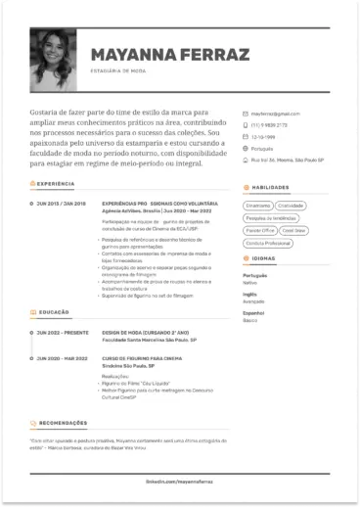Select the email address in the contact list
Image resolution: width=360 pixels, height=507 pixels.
(x=272, y=114)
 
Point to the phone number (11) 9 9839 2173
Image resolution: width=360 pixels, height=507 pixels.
(x=270, y=124)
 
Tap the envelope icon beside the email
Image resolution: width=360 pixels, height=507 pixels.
(x=246, y=114)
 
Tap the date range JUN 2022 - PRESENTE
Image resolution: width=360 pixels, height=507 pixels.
(x=62, y=333)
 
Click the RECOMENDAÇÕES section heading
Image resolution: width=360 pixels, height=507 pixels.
(x=66, y=424)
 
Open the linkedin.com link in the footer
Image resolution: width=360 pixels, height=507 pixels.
(x=180, y=483)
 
